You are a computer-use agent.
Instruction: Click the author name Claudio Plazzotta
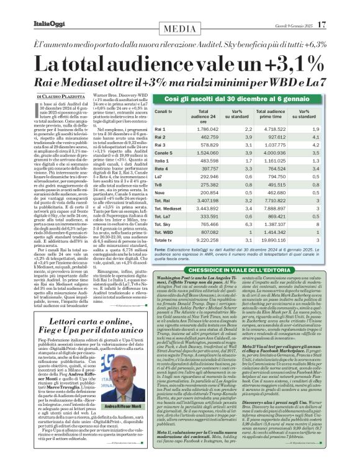(x=67, y=97)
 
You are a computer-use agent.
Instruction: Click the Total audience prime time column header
(x=271, y=113)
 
